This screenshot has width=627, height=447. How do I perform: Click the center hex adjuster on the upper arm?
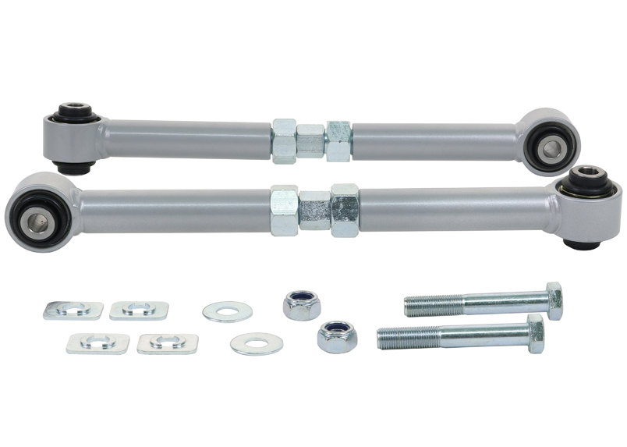[310, 141]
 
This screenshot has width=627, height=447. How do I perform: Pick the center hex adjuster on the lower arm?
[314, 210]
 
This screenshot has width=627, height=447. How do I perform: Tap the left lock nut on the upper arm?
[284, 141]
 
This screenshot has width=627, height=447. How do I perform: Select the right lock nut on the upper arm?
[338, 140]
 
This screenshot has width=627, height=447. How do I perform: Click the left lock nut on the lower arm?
[284, 211]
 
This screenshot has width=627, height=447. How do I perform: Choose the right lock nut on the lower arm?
[344, 210]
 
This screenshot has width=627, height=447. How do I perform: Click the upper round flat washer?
[227, 312]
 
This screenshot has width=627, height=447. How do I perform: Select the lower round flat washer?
[257, 343]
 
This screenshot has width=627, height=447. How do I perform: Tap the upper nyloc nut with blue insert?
[302, 304]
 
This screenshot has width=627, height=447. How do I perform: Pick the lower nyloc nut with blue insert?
[337, 336]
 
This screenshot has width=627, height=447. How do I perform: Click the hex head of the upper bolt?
[554, 300]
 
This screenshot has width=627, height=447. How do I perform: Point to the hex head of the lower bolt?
[536, 334]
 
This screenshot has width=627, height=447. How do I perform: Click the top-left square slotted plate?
[73, 310]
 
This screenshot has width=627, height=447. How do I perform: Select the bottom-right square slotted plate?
[167, 343]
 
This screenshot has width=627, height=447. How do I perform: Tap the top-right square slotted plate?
[139, 310]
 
